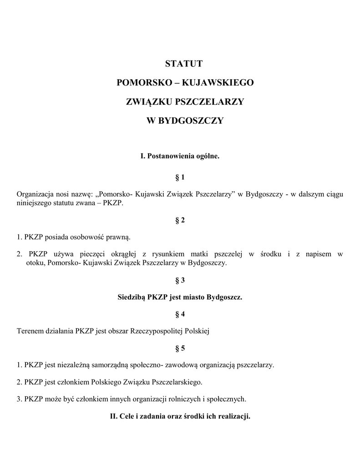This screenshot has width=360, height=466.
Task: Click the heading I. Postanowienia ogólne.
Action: click(180, 156)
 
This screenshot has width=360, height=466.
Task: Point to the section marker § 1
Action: click(180, 177)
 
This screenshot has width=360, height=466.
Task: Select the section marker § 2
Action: click(180, 220)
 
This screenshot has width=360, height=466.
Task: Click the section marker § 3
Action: click(180, 280)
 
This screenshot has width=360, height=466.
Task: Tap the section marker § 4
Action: click(180, 314)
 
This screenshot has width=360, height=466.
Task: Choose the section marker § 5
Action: click(180, 349)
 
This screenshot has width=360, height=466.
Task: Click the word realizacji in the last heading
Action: click(233, 416)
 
